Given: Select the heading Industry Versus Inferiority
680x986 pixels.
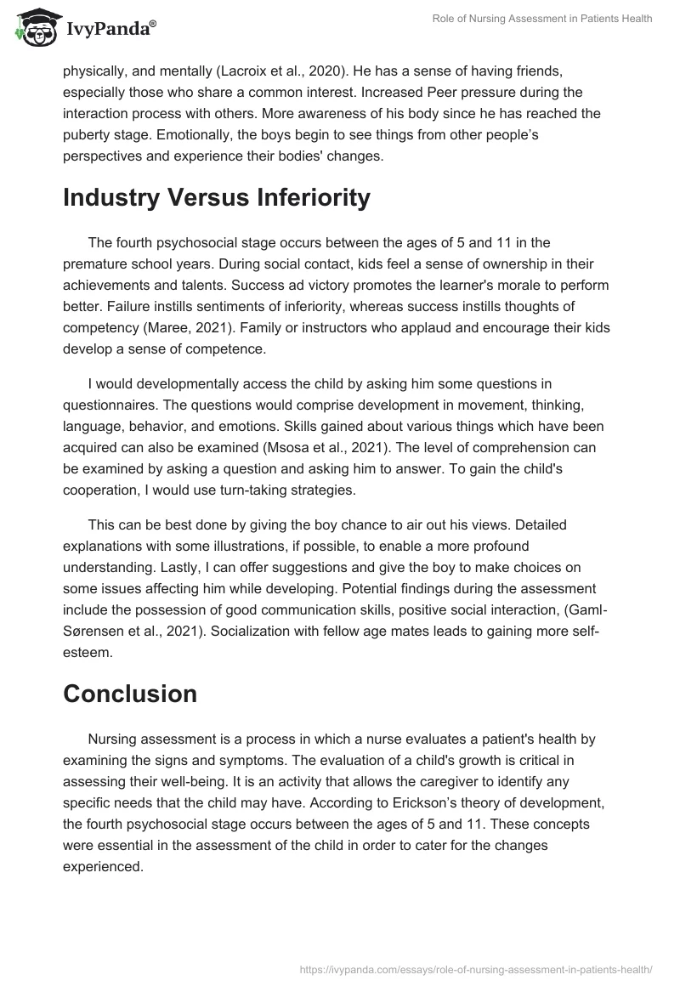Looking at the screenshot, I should tap(217, 197).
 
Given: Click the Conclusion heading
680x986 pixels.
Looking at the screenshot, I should tap(130, 694).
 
